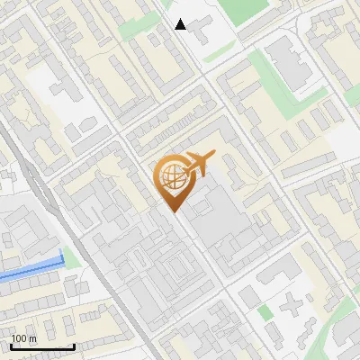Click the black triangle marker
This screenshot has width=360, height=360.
[x=181, y=24]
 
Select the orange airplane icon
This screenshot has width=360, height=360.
[x=200, y=163]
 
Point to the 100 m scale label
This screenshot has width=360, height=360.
[x=23, y=337]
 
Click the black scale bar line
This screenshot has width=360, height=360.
[x=42, y=346]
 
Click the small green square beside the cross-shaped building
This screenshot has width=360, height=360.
[x=265, y=311]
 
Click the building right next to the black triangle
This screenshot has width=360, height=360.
[x=200, y=32]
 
